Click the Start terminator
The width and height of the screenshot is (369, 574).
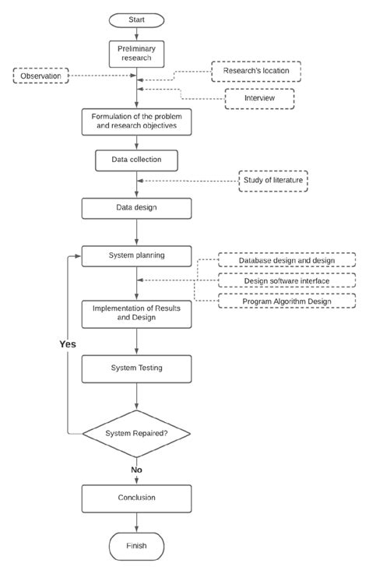[x=136, y=20]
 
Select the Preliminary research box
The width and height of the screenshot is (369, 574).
[x=136, y=54]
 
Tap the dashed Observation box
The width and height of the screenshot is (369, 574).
[x=40, y=76]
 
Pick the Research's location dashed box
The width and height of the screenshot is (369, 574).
[x=256, y=71]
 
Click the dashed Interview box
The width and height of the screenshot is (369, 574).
[x=259, y=98]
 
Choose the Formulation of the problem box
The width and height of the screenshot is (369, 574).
[x=136, y=122]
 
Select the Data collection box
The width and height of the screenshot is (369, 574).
[x=136, y=160]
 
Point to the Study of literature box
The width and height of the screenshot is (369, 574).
[x=273, y=181]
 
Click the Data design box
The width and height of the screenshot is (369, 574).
[x=136, y=208]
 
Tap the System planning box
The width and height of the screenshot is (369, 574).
[x=136, y=256]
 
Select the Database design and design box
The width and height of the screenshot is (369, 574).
[x=287, y=260]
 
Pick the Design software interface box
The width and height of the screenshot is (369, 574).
[x=287, y=280]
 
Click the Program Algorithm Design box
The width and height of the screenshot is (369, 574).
[x=287, y=301]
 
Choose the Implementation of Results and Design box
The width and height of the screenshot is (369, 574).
[x=136, y=314]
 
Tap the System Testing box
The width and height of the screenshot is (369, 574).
[x=136, y=369]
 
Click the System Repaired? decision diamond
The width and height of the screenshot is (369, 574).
[x=136, y=434]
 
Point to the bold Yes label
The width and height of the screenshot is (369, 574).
[x=68, y=344]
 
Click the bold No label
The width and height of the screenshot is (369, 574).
[x=136, y=470]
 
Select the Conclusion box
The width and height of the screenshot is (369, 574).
[x=136, y=498]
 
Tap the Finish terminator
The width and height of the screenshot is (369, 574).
[x=136, y=547]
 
